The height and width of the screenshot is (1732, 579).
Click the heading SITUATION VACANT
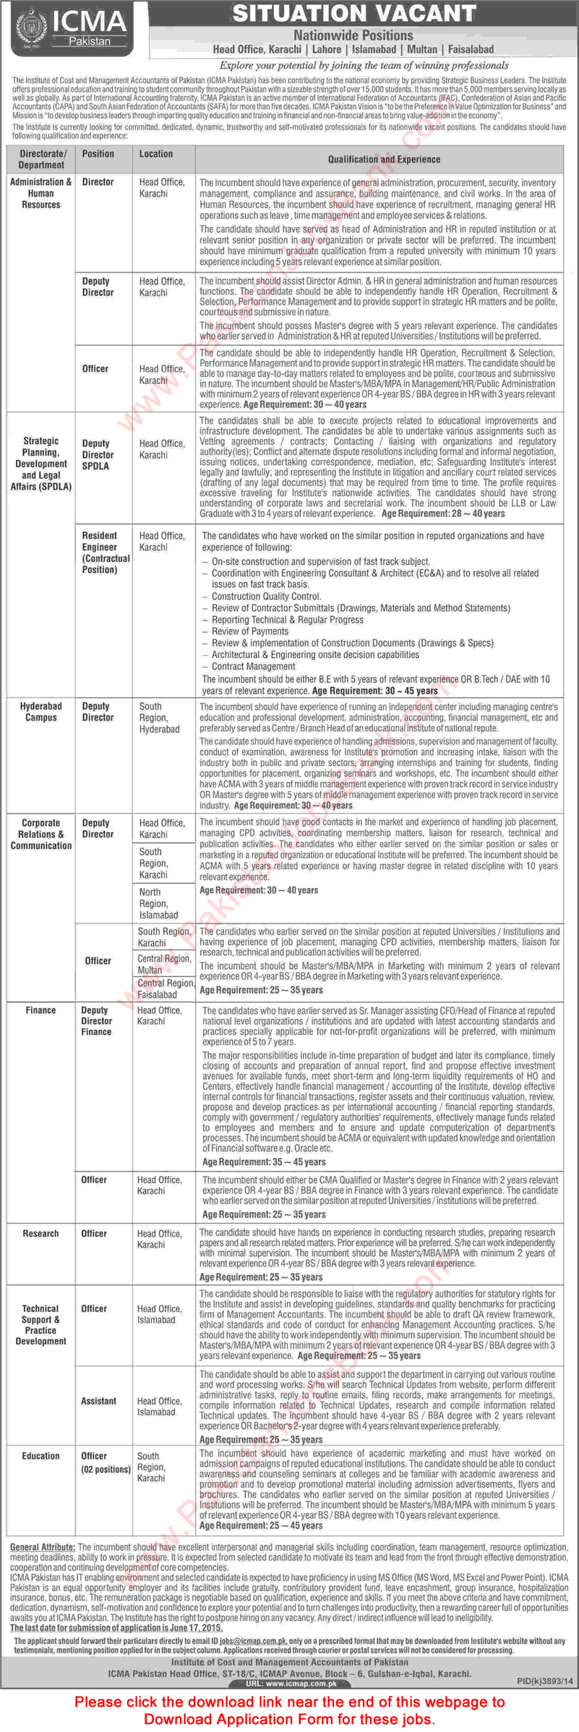[x=353, y=13]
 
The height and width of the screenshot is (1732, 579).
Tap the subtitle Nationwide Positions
[x=353, y=35]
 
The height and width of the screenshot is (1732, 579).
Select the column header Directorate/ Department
[x=41, y=159]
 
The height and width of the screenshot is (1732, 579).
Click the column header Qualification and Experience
[x=383, y=159]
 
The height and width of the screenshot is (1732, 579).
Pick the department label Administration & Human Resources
[x=41, y=193]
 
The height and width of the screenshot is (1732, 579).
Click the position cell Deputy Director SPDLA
[x=98, y=455]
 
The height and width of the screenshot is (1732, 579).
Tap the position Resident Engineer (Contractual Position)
[x=106, y=553]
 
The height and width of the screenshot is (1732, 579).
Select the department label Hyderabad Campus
[x=41, y=712]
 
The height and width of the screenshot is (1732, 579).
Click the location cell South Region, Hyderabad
[x=159, y=717]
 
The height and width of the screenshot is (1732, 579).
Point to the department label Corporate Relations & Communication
[x=41, y=834]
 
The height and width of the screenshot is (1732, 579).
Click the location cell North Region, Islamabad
[x=158, y=903]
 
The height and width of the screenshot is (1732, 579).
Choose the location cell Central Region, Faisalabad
[x=166, y=989]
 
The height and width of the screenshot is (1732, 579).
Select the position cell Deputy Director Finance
[x=96, y=1020]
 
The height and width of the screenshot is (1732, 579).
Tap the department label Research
[x=40, y=1233]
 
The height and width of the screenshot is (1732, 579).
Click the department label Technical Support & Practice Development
[x=40, y=1324]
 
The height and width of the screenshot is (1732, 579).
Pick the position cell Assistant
[x=98, y=1401]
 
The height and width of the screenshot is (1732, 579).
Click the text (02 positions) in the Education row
[x=106, y=1469]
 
